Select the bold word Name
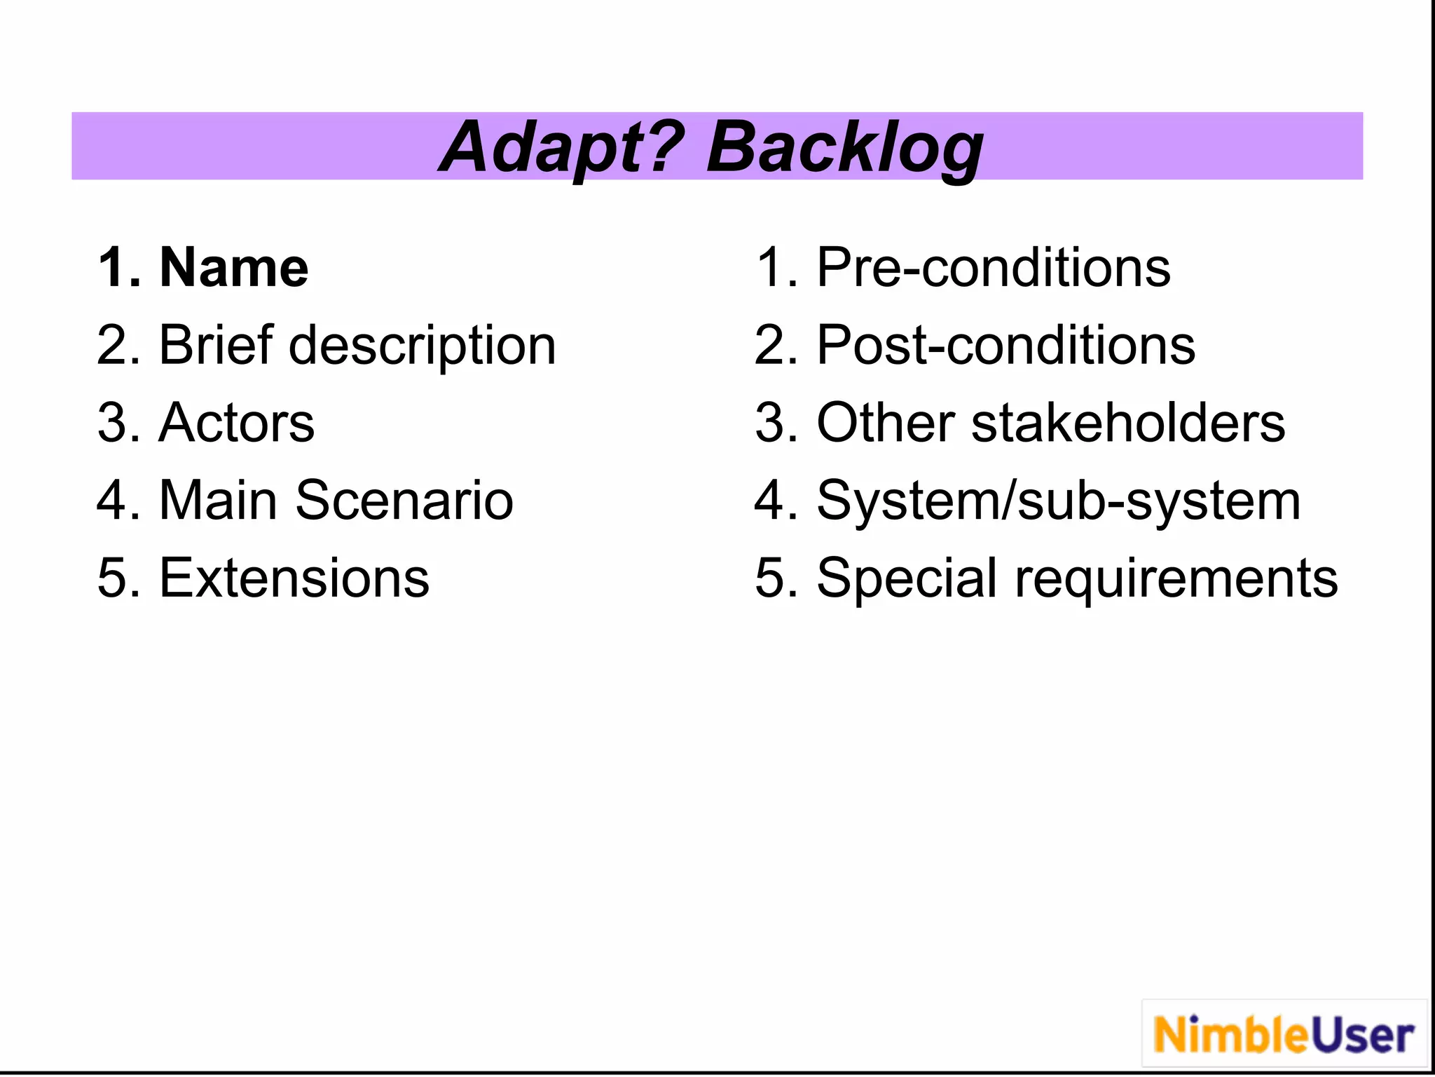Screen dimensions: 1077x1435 coord(234,268)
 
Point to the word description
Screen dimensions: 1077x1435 coord(423,346)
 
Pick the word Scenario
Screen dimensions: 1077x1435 coord(404,501)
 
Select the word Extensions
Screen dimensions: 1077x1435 coord(294,578)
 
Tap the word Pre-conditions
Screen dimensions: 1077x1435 coord(994,268)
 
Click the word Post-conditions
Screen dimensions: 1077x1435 coord(1006,346)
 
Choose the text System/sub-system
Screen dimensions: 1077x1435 coord(1059,502)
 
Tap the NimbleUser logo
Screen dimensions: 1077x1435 coord(1284,1035)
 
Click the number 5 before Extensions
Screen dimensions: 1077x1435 coord(111,578)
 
